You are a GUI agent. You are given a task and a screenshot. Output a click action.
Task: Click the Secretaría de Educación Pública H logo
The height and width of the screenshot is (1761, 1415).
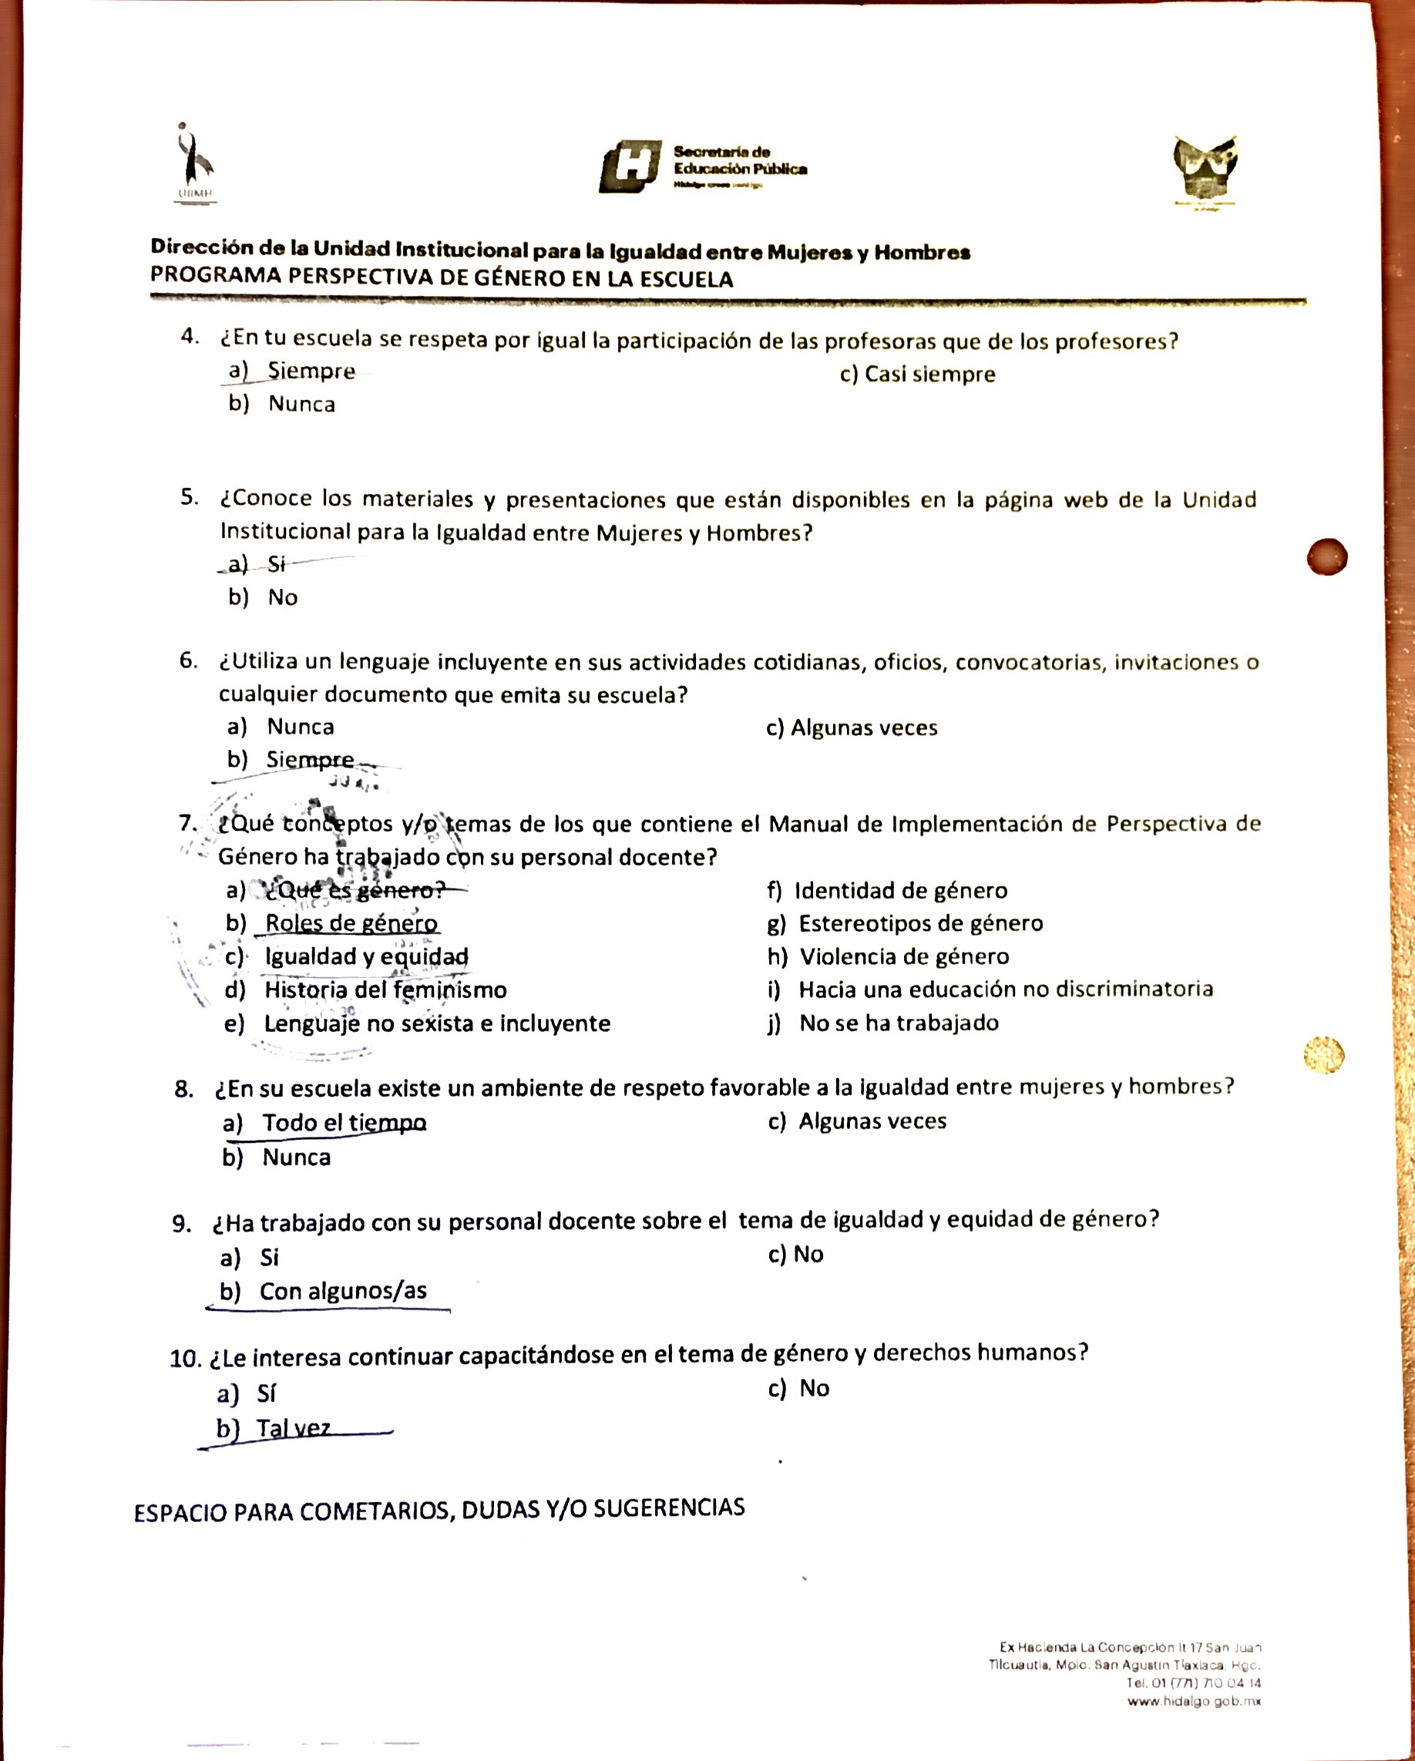pos(630,166)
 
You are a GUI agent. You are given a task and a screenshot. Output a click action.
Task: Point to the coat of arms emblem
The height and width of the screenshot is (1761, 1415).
pos(1205,169)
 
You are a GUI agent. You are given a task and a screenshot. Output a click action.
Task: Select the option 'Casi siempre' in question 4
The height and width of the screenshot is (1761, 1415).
pos(917,375)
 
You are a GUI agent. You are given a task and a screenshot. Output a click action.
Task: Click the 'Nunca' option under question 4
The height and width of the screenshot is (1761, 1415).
pos(301,405)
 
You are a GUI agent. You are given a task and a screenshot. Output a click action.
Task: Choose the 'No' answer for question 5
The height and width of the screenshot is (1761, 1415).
pos(282,597)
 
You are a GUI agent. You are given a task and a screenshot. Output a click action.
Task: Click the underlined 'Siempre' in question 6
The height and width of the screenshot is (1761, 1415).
pos(310,760)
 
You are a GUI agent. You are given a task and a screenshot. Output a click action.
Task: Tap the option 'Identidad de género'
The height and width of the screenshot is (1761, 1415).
pos(900,890)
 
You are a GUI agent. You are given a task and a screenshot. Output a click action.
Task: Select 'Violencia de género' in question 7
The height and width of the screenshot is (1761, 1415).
pos(903,956)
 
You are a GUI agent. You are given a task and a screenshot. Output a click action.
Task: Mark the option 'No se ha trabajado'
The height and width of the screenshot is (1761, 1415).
pos(898,1023)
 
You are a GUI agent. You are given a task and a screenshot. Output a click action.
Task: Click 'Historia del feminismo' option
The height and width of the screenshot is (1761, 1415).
pos(385,990)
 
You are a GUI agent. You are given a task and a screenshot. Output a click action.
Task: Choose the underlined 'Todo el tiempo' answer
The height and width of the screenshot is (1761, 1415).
pos(344,1123)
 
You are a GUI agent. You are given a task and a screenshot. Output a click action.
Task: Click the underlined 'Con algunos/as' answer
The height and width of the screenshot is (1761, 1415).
pos(342,1292)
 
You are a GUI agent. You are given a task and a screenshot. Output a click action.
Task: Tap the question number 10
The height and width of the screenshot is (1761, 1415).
pos(185,1359)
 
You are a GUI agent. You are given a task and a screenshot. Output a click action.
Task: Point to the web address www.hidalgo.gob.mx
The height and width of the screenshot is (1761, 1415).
pos(1194,1702)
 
